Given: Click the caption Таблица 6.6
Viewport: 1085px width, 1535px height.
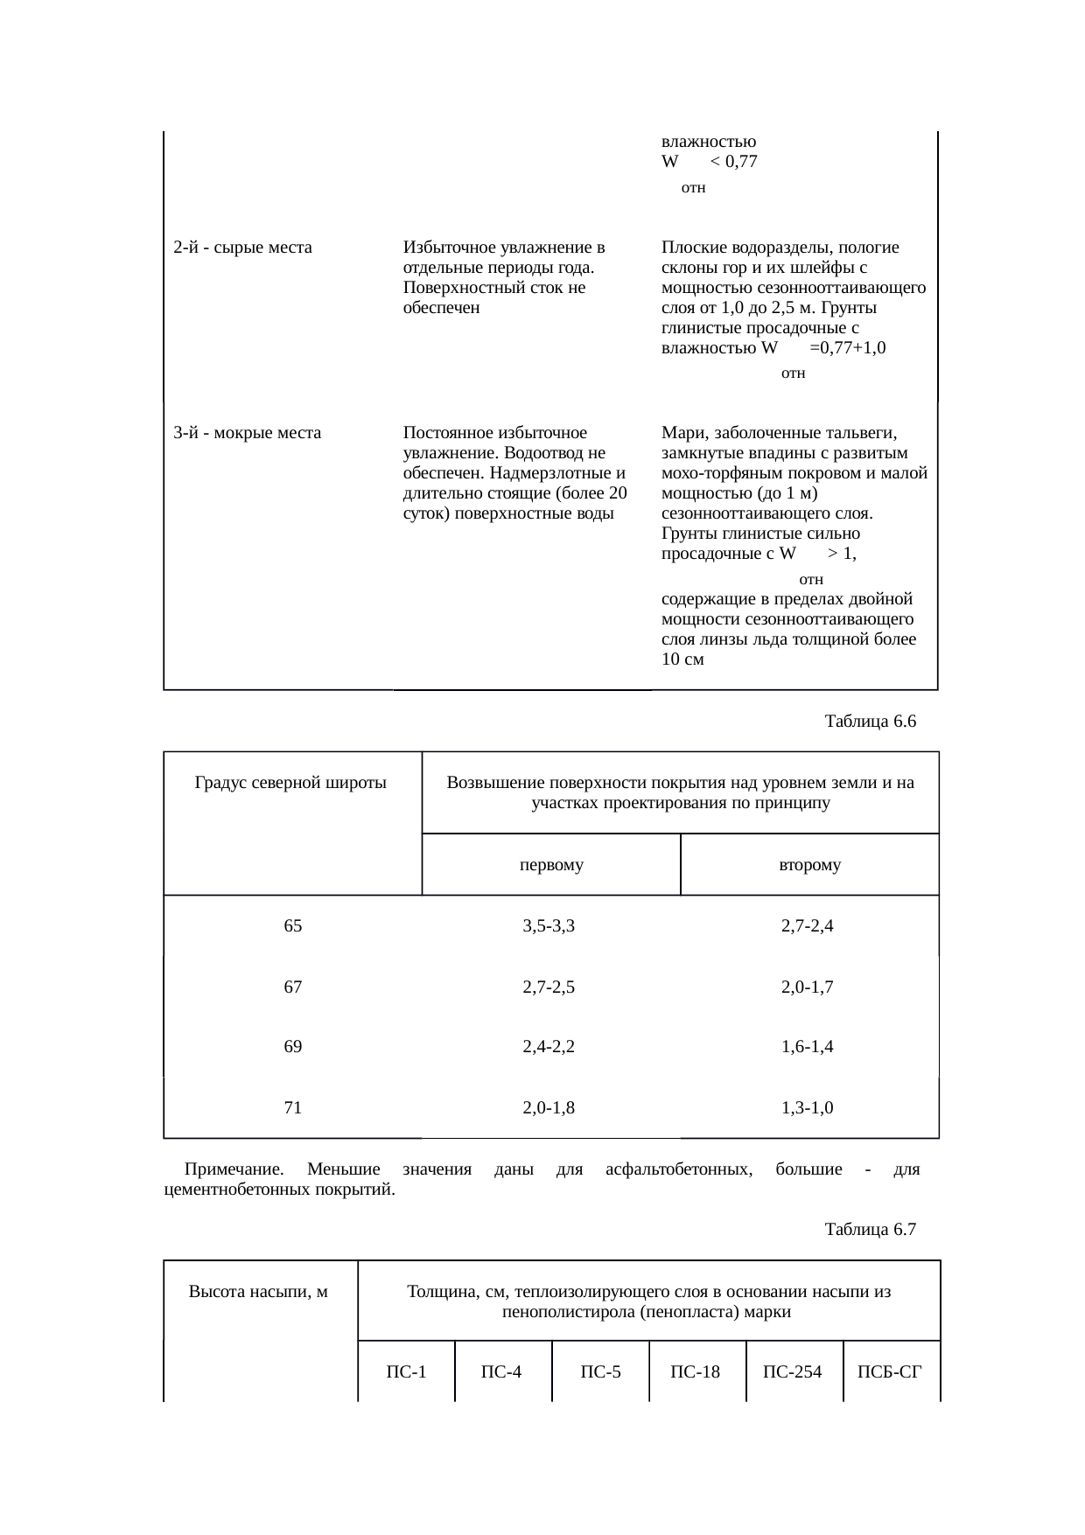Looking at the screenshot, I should (870, 722).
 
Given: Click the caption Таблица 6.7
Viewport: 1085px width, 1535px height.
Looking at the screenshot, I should (870, 1230).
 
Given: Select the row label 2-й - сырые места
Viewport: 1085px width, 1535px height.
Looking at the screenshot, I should (243, 248).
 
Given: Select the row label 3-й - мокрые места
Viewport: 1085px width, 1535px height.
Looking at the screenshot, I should (248, 433).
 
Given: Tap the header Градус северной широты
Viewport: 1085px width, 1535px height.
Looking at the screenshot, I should (290, 783).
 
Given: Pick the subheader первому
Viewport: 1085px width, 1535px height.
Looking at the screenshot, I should (550, 865).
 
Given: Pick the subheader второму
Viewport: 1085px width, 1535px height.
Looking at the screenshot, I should (809, 865).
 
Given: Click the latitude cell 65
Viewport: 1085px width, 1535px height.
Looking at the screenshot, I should (293, 926).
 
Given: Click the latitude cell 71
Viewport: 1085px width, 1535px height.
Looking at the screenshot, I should (293, 1108).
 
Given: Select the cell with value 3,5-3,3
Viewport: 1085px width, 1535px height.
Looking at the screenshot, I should (549, 926).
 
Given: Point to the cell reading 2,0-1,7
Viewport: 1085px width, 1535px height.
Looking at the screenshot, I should (807, 987).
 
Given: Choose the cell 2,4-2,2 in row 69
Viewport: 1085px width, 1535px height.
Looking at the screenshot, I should (549, 1047).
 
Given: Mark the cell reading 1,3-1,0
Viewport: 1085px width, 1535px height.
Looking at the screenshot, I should (807, 1108).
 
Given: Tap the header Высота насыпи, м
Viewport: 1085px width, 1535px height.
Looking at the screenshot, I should (258, 1292).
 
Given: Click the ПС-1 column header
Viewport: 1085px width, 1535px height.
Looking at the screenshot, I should (406, 1371).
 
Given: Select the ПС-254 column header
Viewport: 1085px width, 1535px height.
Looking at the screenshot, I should (793, 1371).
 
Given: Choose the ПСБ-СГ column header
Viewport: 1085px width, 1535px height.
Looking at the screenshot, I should (891, 1371).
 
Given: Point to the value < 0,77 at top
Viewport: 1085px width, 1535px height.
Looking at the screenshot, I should (734, 162).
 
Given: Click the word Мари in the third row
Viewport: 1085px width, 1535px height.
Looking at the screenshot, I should (680, 433).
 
